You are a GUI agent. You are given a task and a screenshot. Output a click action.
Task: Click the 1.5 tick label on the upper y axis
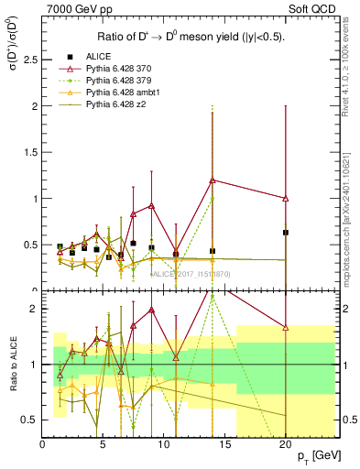pos(30,152)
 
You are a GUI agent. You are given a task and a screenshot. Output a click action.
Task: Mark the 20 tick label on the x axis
pos(286,444)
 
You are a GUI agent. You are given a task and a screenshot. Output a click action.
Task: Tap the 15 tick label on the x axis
pos(224,444)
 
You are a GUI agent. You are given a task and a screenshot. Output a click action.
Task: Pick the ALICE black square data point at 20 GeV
pos(286,233)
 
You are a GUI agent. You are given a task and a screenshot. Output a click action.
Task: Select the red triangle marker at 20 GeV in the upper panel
pos(286,198)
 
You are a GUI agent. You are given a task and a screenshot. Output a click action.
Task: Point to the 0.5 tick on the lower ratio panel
pos(30,420)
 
